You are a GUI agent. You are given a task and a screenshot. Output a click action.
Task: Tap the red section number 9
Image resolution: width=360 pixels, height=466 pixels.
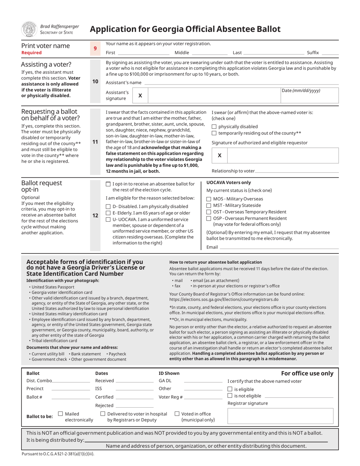click(95, 48)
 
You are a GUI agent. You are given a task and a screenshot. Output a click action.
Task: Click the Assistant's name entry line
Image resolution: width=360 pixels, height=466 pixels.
click(241, 83)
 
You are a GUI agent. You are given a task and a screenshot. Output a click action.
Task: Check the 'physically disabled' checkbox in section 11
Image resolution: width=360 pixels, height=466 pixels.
click(214, 127)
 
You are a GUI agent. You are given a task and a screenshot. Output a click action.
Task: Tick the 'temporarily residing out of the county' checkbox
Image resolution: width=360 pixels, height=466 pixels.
click(214, 133)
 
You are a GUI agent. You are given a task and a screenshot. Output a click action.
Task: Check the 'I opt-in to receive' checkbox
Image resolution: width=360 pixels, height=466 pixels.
click(108, 184)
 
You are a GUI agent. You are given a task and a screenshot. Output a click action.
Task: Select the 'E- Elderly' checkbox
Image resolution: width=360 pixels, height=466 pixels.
click(108, 213)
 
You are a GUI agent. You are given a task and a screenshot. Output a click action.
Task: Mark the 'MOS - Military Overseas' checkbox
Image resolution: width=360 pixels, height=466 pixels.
click(209, 199)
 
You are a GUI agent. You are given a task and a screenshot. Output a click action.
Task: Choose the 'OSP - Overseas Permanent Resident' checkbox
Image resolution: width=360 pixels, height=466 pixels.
click(209, 218)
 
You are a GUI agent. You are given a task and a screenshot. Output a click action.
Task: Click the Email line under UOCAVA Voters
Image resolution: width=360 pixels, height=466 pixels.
click(279, 248)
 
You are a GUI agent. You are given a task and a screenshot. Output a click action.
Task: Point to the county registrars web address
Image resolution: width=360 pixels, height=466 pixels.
click(224, 299)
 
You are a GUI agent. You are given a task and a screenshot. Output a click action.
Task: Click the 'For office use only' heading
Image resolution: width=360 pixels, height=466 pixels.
click(307, 373)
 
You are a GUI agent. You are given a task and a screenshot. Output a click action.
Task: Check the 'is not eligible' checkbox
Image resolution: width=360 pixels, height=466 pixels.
click(230, 396)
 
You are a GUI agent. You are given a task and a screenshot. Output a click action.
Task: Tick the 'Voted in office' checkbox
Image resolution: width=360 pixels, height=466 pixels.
click(177, 414)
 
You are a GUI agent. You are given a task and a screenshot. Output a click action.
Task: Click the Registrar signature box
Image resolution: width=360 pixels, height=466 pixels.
click(280, 416)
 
